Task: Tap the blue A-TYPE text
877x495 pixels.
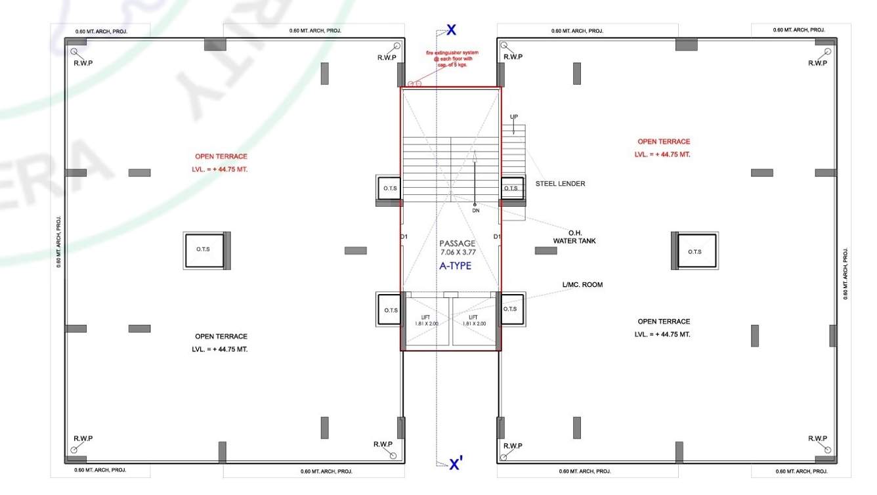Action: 455,266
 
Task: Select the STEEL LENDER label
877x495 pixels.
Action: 560,184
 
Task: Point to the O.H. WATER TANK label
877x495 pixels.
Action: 574,237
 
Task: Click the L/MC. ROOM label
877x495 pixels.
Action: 582,285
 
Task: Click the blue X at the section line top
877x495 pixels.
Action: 451,30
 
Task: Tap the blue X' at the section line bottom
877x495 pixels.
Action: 456,465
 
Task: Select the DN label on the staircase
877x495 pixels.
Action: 475,211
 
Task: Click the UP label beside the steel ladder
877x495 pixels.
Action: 514,117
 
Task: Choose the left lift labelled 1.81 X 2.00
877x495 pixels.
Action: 426,320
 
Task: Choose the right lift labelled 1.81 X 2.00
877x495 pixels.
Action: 477,320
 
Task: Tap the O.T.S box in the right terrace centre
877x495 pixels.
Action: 695,251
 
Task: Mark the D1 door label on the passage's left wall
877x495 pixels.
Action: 404,236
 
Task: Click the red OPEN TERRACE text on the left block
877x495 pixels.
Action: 221,157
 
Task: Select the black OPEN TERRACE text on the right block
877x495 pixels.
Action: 664,322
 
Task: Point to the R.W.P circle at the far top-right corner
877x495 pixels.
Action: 828,51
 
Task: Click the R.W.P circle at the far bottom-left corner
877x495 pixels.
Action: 74,450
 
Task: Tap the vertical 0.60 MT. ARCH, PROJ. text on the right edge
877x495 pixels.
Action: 845,273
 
